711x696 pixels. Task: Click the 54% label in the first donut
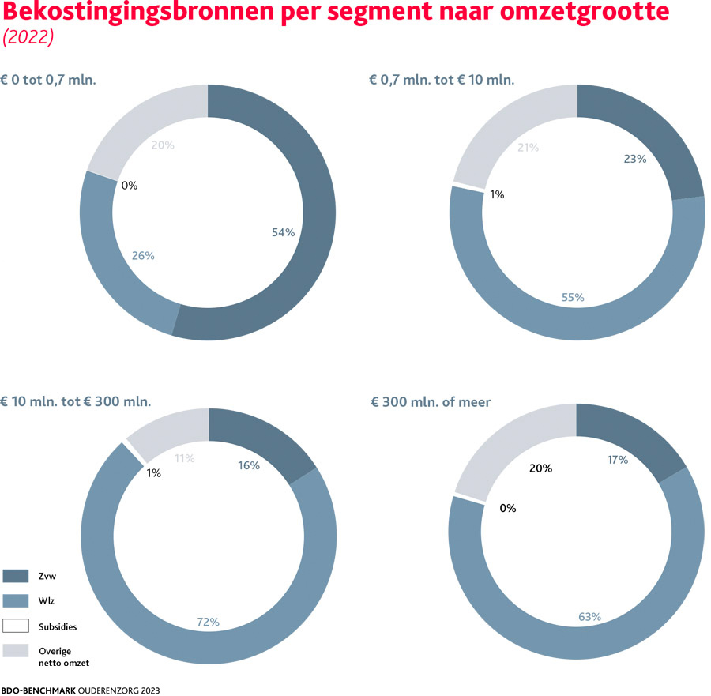tap(283, 232)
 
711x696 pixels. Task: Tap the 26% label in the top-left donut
tap(143, 256)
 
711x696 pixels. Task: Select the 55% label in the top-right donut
tap(573, 298)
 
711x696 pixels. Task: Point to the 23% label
tap(634, 159)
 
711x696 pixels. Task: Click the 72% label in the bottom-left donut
tap(208, 622)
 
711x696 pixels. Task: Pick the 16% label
tap(248, 465)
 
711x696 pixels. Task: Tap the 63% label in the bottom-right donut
tap(589, 616)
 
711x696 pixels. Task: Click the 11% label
tap(184, 458)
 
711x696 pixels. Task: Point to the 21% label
tap(528, 148)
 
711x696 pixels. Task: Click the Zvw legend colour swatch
tap(16, 575)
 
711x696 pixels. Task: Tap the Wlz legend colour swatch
tap(16, 601)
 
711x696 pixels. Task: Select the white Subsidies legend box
tap(16, 626)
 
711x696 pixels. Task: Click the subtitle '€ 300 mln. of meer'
tap(431, 402)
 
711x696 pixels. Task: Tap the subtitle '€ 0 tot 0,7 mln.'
tap(48, 80)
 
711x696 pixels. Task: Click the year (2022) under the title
tap(28, 39)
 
